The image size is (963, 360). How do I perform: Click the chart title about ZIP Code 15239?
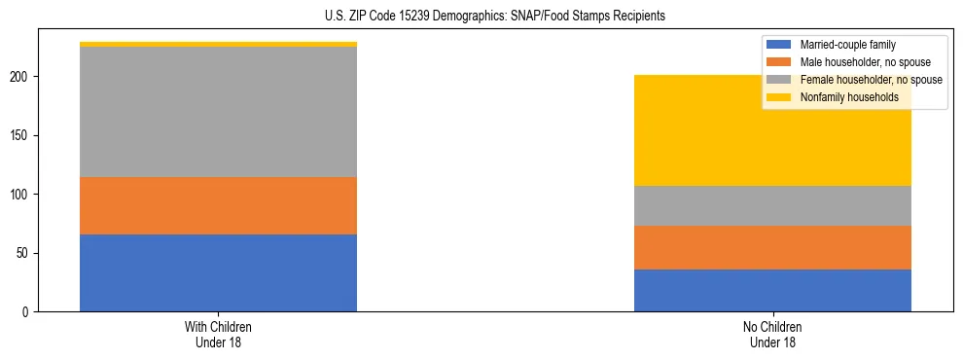click(495, 17)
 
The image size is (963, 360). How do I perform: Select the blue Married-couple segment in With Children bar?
click(218, 272)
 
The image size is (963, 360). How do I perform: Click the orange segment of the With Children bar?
click(218, 205)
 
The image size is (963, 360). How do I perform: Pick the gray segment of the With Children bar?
click(218, 112)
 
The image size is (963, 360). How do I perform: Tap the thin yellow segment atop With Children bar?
click(218, 44)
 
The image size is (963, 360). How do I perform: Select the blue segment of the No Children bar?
click(772, 290)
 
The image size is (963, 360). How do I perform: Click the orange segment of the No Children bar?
click(772, 247)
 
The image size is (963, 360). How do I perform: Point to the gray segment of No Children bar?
click(772, 205)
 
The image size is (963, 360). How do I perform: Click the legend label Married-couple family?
click(848, 45)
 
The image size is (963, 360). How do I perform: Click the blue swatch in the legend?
click(780, 45)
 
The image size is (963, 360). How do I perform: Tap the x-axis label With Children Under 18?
click(218, 334)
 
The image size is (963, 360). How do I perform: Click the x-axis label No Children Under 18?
click(772, 334)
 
